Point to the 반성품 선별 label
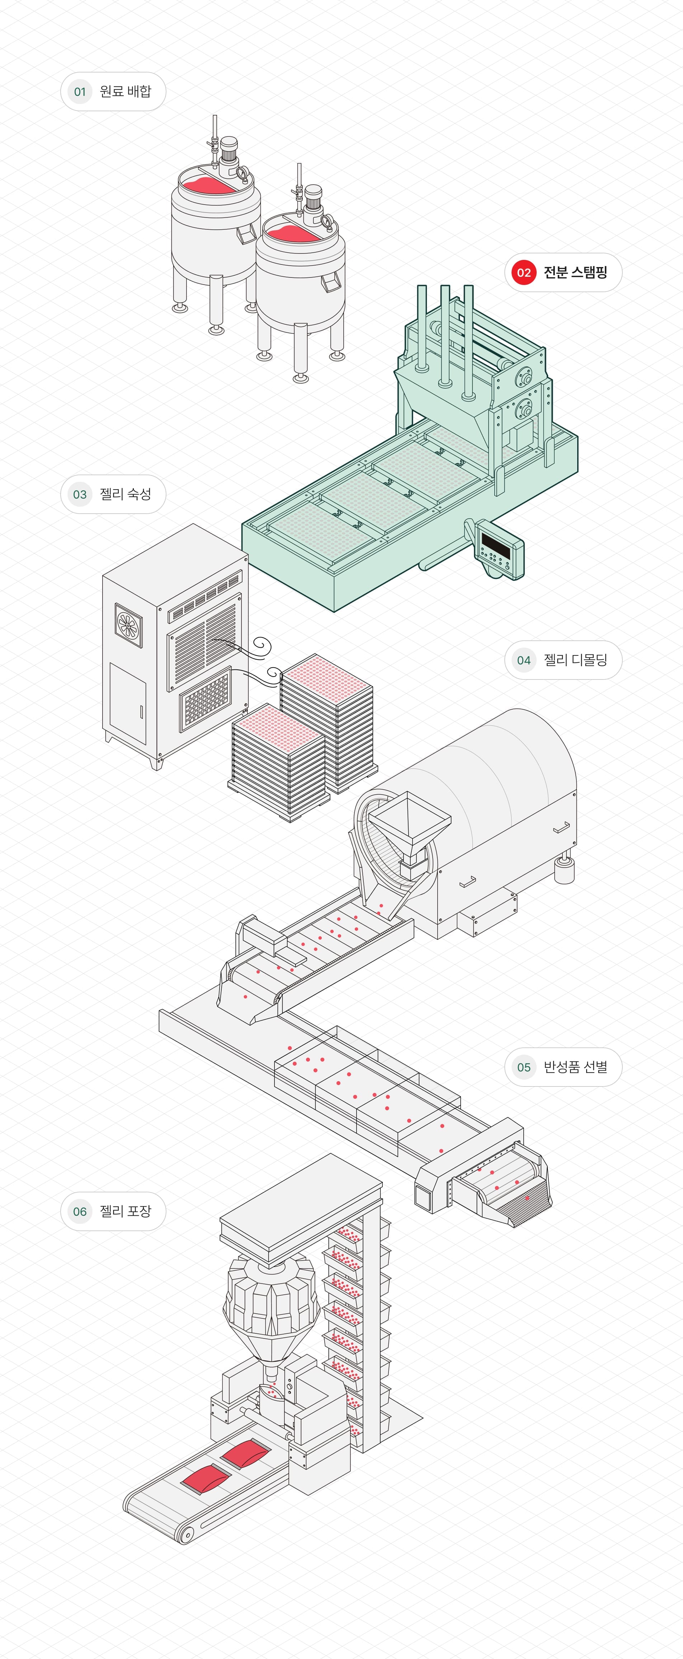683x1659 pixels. click(575, 1067)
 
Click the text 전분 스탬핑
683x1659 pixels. click(575, 272)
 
